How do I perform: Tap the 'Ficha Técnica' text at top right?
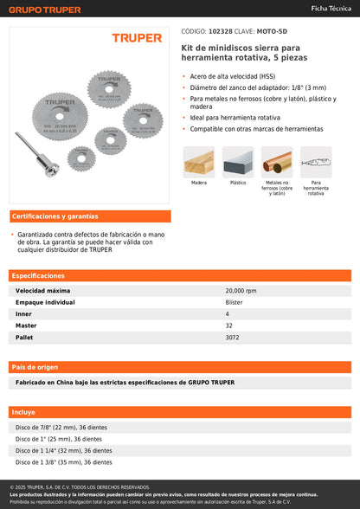[x=330, y=8]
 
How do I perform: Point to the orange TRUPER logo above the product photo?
[x=137, y=38]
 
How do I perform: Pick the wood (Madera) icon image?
[x=198, y=162]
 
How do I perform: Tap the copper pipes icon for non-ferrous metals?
[x=277, y=162]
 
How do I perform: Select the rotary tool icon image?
[x=316, y=162]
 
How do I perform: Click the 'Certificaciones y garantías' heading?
[x=55, y=216]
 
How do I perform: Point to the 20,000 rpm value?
[x=241, y=291]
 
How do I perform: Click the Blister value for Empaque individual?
[x=234, y=302]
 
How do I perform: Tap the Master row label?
[x=26, y=325]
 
